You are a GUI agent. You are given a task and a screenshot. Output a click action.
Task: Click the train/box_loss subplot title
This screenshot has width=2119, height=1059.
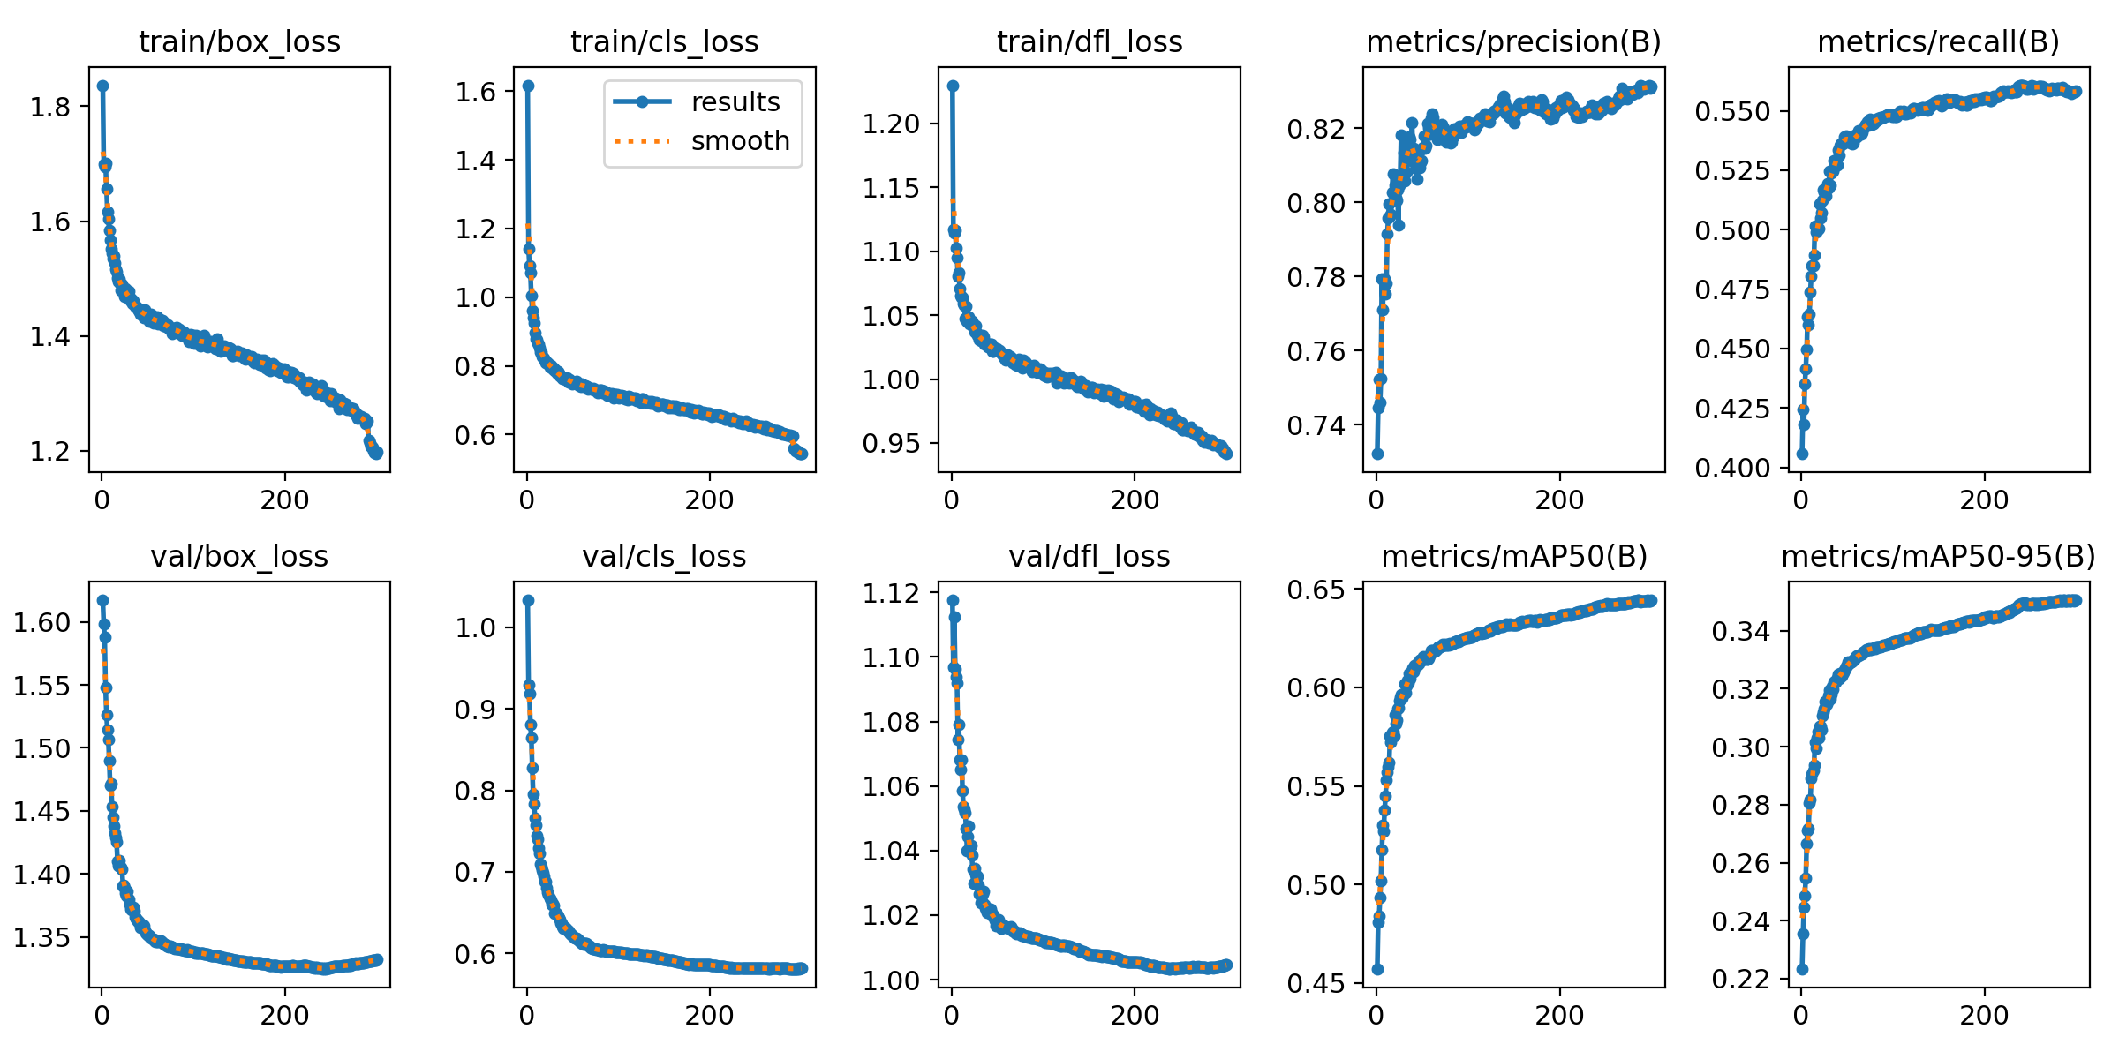point(239,41)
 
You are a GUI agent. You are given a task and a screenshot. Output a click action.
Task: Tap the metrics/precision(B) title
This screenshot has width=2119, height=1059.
point(1513,41)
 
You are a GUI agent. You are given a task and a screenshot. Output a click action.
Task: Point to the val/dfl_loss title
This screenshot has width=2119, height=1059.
point(1089,557)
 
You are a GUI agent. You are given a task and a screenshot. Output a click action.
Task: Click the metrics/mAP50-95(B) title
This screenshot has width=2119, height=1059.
point(1938,557)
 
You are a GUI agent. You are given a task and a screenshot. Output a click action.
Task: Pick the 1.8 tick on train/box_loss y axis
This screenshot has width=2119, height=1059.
point(49,107)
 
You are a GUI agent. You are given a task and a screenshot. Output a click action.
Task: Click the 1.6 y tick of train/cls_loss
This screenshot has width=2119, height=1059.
point(475,92)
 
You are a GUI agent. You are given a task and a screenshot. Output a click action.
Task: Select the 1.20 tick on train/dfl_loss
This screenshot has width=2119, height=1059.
point(891,124)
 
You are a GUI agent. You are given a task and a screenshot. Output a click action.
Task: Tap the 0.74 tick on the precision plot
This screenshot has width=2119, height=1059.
point(1316,426)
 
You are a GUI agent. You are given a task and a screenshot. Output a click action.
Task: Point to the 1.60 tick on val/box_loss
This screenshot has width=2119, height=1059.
point(41,623)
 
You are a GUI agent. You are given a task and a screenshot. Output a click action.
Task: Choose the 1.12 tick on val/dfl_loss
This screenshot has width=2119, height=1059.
point(891,593)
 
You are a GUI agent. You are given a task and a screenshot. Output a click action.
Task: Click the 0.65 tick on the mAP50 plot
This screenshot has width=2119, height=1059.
point(1316,590)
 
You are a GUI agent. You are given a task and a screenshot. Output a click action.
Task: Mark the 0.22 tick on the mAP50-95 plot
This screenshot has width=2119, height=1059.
point(1741,980)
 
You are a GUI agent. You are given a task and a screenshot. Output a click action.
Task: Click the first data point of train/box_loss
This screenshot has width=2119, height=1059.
point(102,86)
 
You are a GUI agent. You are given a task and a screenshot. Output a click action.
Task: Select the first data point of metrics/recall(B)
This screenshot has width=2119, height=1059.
point(1802,454)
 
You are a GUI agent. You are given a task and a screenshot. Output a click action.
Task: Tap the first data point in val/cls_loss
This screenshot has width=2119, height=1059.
point(528,600)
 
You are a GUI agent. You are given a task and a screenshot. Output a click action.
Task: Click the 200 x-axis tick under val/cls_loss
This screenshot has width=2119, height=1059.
point(709,1016)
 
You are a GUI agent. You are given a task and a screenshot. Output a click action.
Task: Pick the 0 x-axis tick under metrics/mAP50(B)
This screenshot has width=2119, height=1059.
point(1376,1016)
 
